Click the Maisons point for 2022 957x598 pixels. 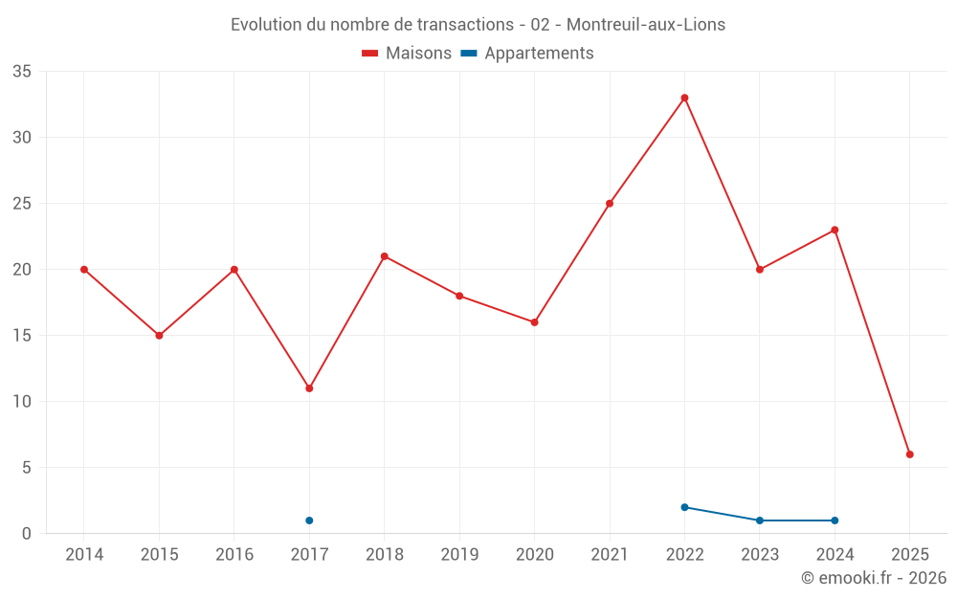[x=684, y=98]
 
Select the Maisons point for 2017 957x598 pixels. [x=309, y=388]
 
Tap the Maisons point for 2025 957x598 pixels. [x=910, y=454]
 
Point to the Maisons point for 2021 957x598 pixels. [x=610, y=204]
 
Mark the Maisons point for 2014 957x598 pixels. [x=84, y=270]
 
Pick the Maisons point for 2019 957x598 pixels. [x=459, y=296]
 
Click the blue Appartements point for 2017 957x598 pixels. [x=309, y=520]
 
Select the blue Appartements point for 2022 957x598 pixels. [x=684, y=507]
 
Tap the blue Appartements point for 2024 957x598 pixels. [x=835, y=520]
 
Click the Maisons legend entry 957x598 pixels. [x=407, y=54]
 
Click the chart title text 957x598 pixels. [x=478, y=25]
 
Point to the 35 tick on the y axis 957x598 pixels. [x=22, y=72]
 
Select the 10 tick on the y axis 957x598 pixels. [x=22, y=402]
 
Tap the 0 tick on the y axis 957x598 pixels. [x=27, y=534]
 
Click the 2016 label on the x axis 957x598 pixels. [x=234, y=555]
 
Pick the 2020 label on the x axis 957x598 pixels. [x=535, y=555]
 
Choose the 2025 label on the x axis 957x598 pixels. [x=910, y=555]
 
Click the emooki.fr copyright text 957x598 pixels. [x=874, y=578]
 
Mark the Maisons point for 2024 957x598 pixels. [x=835, y=230]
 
